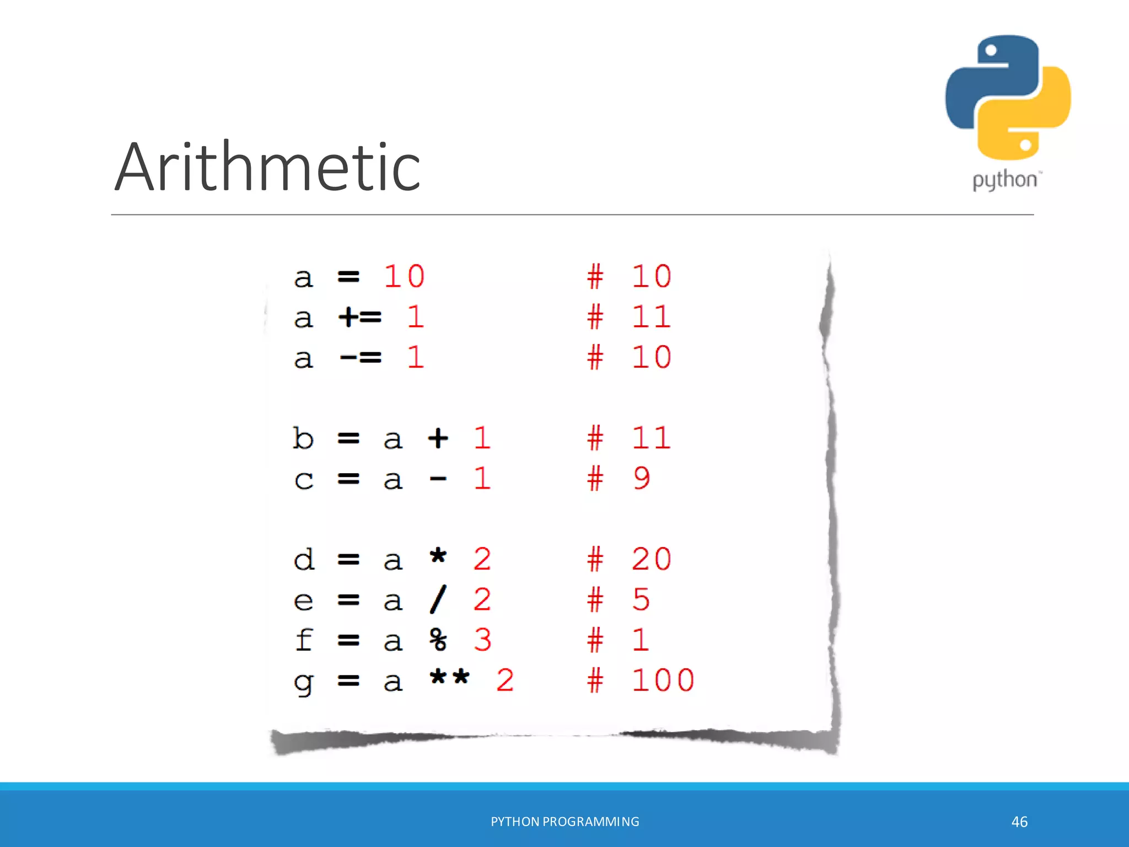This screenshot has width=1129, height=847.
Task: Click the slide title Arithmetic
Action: click(268, 167)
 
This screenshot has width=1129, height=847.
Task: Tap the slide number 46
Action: click(1019, 822)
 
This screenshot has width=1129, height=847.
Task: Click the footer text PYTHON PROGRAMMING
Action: click(565, 822)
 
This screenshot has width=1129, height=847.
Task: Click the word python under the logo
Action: click(1004, 180)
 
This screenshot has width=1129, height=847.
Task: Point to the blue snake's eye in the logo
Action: click(991, 51)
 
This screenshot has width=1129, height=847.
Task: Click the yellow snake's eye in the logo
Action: click(1025, 145)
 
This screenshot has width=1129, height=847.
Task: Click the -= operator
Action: click(360, 358)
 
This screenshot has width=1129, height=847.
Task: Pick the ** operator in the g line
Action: click(449, 678)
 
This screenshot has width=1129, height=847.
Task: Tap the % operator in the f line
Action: click(438, 640)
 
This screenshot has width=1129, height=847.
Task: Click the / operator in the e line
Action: click(438, 599)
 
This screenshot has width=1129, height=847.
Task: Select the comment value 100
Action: click(663, 680)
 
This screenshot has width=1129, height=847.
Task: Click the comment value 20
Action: click(652, 559)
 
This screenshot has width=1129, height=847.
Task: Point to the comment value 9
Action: click(641, 478)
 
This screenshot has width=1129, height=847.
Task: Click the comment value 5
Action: click(641, 599)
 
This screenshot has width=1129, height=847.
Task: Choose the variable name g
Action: click(303, 683)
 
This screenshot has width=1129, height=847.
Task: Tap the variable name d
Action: click(304, 559)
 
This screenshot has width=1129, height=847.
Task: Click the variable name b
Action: click(303, 438)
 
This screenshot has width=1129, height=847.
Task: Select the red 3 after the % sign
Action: click(482, 640)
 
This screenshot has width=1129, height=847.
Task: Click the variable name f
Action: click(304, 640)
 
